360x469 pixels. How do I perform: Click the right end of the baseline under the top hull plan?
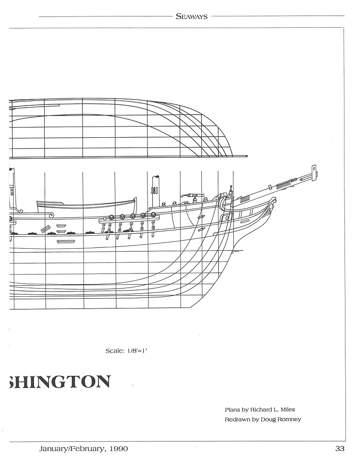(248, 156)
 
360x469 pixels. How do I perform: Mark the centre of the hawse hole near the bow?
(228, 217)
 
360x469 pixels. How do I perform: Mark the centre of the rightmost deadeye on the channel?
(153, 214)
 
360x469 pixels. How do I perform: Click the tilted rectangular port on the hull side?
(46, 229)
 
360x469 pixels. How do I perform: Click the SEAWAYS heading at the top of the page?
(192, 17)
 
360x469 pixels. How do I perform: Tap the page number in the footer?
(340, 449)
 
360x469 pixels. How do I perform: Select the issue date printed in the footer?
(83, 449)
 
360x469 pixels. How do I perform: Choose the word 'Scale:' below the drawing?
(115, 351)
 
